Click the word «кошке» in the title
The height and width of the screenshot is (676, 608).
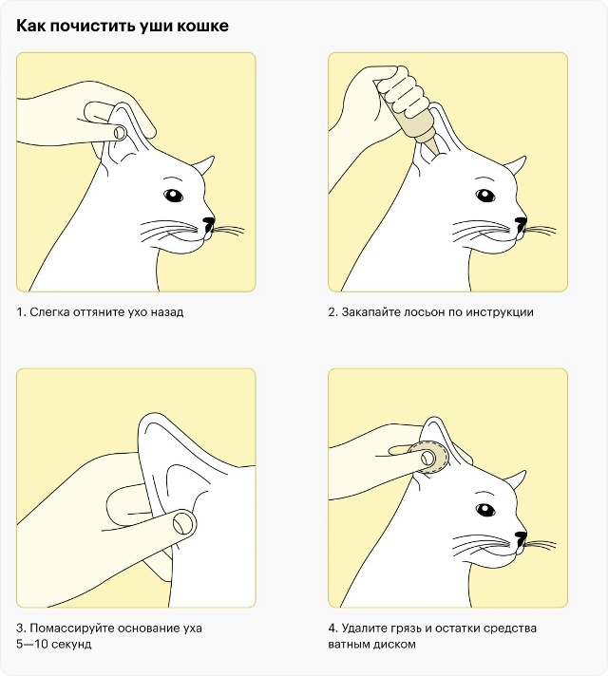tap(202, 26)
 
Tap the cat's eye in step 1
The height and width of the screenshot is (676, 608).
tap(173, 196)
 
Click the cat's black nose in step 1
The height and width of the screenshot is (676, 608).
tap(209, 223)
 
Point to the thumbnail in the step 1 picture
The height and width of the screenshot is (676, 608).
tap(120, 132)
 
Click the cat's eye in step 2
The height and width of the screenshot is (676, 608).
tap(485, 196)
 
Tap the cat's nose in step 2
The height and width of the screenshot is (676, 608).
tap(521, 223)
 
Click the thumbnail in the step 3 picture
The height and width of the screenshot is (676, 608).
tap(183, 523)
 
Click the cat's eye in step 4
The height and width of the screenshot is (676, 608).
tap(485, 511)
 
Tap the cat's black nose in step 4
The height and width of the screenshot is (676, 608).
tap(521, 538)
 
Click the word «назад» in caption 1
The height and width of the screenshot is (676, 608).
tap(167, 311)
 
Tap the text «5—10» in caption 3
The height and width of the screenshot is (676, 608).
tap(31, 644)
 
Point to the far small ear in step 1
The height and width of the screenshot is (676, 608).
tap(203, 165)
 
